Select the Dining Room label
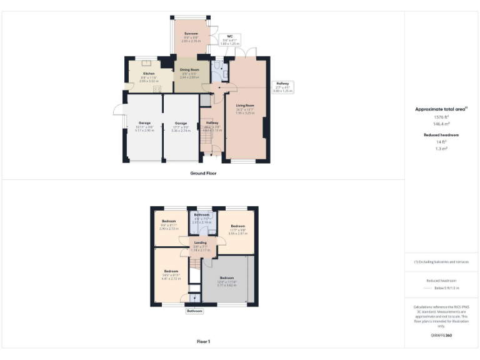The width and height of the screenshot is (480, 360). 189,70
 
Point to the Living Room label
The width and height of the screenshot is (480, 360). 244,106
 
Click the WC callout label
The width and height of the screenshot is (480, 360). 230,36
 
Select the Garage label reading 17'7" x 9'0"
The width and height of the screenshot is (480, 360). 181,123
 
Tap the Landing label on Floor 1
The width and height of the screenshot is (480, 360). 200,242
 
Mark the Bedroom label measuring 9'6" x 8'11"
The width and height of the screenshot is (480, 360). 169,221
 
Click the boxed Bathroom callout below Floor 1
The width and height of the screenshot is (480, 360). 194,311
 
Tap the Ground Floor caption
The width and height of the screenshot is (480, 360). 203,172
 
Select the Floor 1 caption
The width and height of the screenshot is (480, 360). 203,341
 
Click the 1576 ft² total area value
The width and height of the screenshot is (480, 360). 441,117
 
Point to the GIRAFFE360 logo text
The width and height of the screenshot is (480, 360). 441,336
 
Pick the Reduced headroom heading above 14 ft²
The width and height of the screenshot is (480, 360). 441,135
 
